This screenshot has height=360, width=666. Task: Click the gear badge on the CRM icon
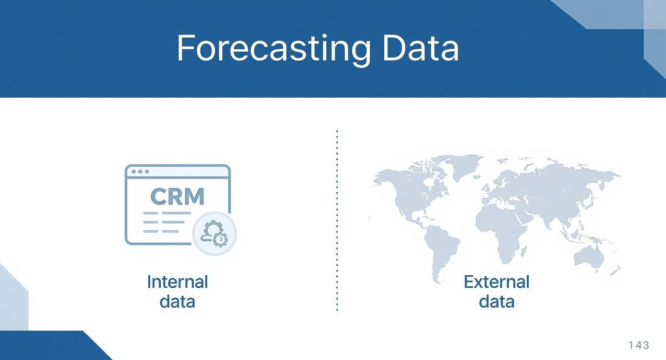tap(214, 233)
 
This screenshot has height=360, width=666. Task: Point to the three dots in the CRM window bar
tap(140, 171)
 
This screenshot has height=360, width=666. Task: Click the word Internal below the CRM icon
tap(177, 281)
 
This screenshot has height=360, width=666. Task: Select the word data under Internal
tap(177, 302)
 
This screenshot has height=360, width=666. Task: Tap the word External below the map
tap(496, 281)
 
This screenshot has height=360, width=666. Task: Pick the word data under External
tap(496, 302)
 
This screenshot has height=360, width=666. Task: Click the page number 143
tap(639, 345)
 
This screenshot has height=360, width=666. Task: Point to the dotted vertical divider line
tap(337, 220)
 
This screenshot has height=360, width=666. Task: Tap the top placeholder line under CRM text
tap(167, 213)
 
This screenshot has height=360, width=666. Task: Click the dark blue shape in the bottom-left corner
tap(48, 347)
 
